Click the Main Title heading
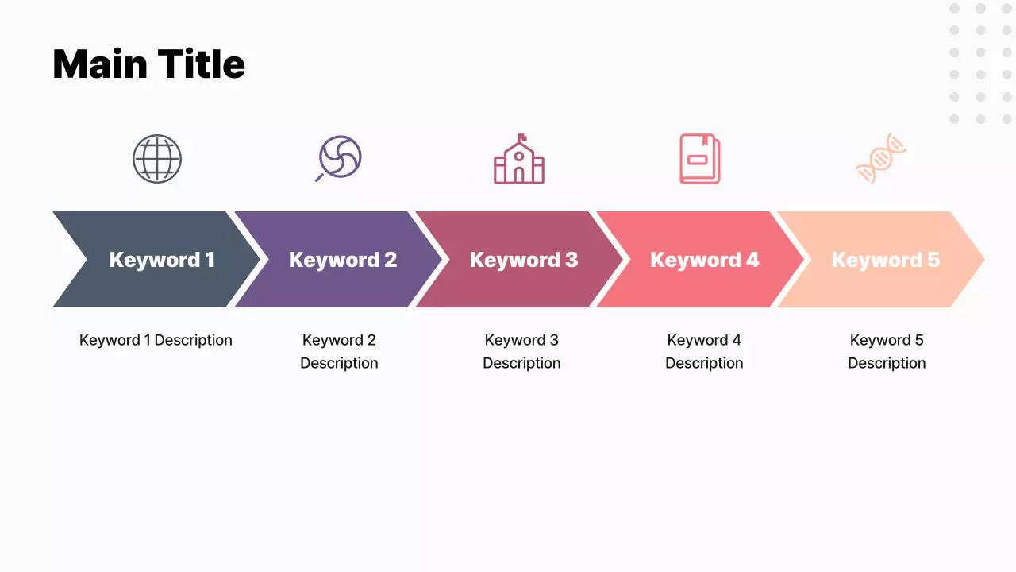[148, 64]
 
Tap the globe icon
[157, 159]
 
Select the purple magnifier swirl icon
[339, 158]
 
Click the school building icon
[519, 160]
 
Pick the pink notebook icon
[699, 159]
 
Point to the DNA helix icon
[881, 158]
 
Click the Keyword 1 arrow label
[161, 260]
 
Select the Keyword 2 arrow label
[343, 260]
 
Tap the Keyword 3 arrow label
[524, 260]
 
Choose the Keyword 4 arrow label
[705, 260]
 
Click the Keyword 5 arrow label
[885, 260]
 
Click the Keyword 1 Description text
[156, 340]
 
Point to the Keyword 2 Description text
[339, 351]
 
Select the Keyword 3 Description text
[521, 351]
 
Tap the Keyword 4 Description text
[704, 351]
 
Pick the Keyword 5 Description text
[887, 351]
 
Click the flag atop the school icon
[522, 137]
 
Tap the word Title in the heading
[201, 64]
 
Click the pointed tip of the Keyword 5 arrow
[982, 259]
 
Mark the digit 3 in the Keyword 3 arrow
[571, 260]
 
